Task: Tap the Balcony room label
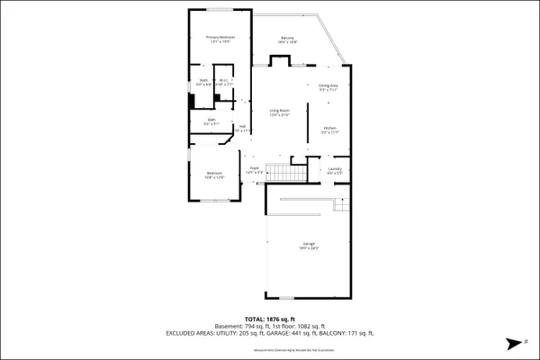(x=288, y=40)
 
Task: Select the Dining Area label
(x=328, y=88)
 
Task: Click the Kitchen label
(x=330, y=130)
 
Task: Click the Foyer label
(x=255, y=169)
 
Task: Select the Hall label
(x=242, y=129)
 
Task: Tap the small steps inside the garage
(x=340, y=206)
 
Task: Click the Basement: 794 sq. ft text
(x=240, y=326)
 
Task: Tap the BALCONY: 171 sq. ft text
(x=343, y=333)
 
